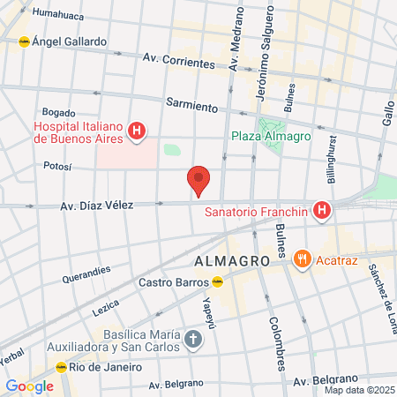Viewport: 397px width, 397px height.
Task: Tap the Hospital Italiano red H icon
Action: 137,132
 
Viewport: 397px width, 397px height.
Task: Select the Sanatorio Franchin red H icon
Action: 323,212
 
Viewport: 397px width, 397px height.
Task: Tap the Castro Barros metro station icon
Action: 217,282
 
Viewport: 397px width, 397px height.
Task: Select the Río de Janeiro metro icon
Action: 62,366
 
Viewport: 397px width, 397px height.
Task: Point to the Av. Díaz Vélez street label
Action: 96,206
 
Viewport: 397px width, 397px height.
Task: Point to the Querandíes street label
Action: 86,274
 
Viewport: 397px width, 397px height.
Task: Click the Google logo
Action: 29,386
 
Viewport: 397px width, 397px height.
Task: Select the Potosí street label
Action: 58,165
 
